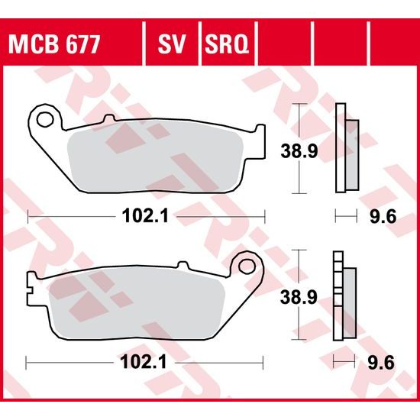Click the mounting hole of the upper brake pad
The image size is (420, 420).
click(x=45, y=119)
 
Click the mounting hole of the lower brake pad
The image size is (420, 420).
click(x=247, y=265)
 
